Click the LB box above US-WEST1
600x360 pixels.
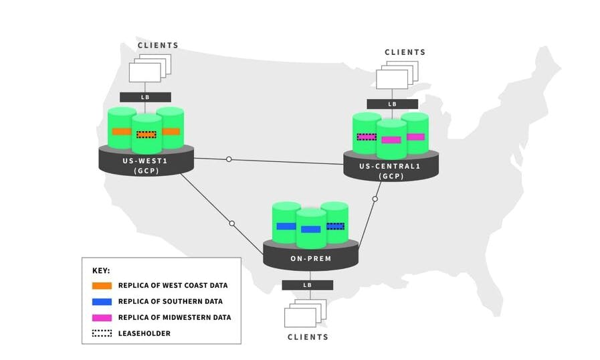click(x=145, y=97)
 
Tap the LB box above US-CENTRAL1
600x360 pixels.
click(x=392, y=104)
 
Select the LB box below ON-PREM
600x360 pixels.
click(x=308, y=285)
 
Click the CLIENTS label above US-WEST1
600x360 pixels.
click(x=159, y=46)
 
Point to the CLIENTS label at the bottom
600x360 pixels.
click(x=308, y=337)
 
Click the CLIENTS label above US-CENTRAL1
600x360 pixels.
click(x=405, y=52)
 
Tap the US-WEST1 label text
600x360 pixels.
click(x=146, y=161)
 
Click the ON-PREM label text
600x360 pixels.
click(x=310, y=257)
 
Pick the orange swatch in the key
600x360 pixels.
click(x=102, y=286)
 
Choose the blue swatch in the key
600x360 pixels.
click(x=102, y=302)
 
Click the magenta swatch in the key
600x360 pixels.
click(x=102, y=318)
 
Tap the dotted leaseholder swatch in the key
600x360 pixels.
click(x=102, y=333)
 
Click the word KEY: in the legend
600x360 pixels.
click(x=101, y=271)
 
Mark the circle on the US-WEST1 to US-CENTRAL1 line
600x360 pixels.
click(x=229, y=159)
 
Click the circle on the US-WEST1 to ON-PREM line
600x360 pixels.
click(x=232, y=223)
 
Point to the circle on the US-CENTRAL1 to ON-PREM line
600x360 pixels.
click(x=375, y=199)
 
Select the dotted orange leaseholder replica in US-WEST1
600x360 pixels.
click(x=146, y=134)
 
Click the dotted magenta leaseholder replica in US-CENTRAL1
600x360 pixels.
click(x=367, y=137)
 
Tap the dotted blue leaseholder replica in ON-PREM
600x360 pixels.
click(x=336, y=226)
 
